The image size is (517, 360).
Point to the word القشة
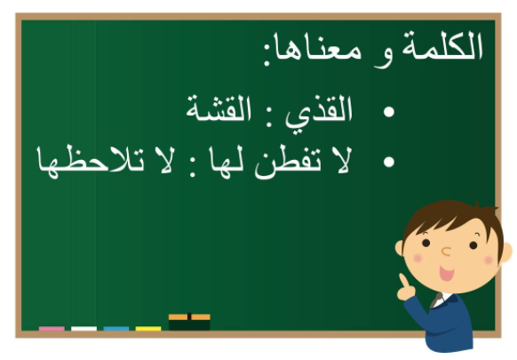[x=219, y=108]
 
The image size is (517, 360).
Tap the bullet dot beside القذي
[x=389, y=112]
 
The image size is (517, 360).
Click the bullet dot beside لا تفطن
[x=389, y=162]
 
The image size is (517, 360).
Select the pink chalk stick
[x=52, y=329]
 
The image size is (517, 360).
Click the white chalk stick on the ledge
[x=84, y=329]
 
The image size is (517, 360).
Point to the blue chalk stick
[x=116, y=329]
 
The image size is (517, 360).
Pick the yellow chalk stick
[x=148, y=329]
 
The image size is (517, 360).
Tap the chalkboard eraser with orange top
[x=189, y=322]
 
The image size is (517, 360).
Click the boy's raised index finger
[x=403, y=281]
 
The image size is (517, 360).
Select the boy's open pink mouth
[x=447, y=274]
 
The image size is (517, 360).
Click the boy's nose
[x=446, y=252]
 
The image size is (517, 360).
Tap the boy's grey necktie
[x=436, y=300]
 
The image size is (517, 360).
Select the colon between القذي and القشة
[x=269, y=118]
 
